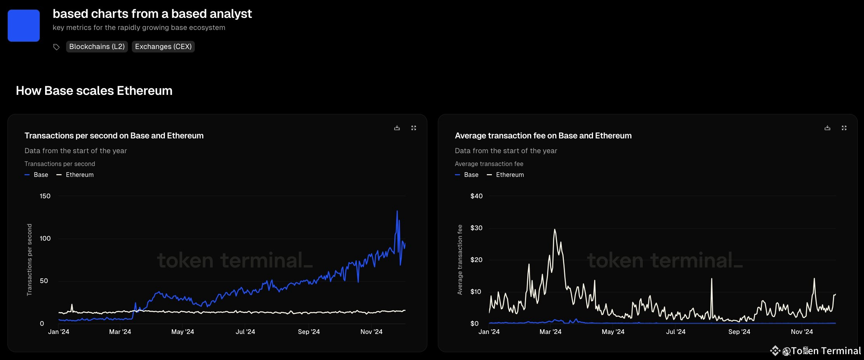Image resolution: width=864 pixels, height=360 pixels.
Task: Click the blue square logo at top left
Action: coord(24,26)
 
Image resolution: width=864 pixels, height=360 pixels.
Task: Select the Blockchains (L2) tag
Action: coord(97,47)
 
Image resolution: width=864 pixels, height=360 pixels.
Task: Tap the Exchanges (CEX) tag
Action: coord(163,47)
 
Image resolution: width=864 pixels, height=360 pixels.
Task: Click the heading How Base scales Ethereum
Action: coord(94,91)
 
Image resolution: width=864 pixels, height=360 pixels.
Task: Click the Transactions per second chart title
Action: coord(114,136)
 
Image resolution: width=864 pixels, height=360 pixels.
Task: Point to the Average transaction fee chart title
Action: coord(543,136)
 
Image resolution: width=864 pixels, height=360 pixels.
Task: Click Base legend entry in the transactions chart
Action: coord(37,175)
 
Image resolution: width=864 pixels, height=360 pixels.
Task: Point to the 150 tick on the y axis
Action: coord(45,196)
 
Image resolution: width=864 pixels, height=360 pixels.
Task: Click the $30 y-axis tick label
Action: coord(476,228)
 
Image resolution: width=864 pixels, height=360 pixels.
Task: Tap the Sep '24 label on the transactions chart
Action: coord(309,332)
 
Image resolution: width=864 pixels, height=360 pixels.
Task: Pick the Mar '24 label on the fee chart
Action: coord(550,332)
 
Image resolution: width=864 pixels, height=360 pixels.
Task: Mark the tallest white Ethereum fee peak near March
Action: coord(554,230)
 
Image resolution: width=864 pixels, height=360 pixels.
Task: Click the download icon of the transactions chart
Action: coord(397,128)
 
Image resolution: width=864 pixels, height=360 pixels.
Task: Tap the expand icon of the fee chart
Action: coord(844,128)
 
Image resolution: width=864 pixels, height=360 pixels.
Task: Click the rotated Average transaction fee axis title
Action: coord(460,260)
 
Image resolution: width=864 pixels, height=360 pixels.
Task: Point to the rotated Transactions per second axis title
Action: coord(30,260)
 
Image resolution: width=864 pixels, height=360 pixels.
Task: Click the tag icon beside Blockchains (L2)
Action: coord(56,47)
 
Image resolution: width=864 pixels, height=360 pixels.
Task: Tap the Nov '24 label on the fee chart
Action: coord(802,332)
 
